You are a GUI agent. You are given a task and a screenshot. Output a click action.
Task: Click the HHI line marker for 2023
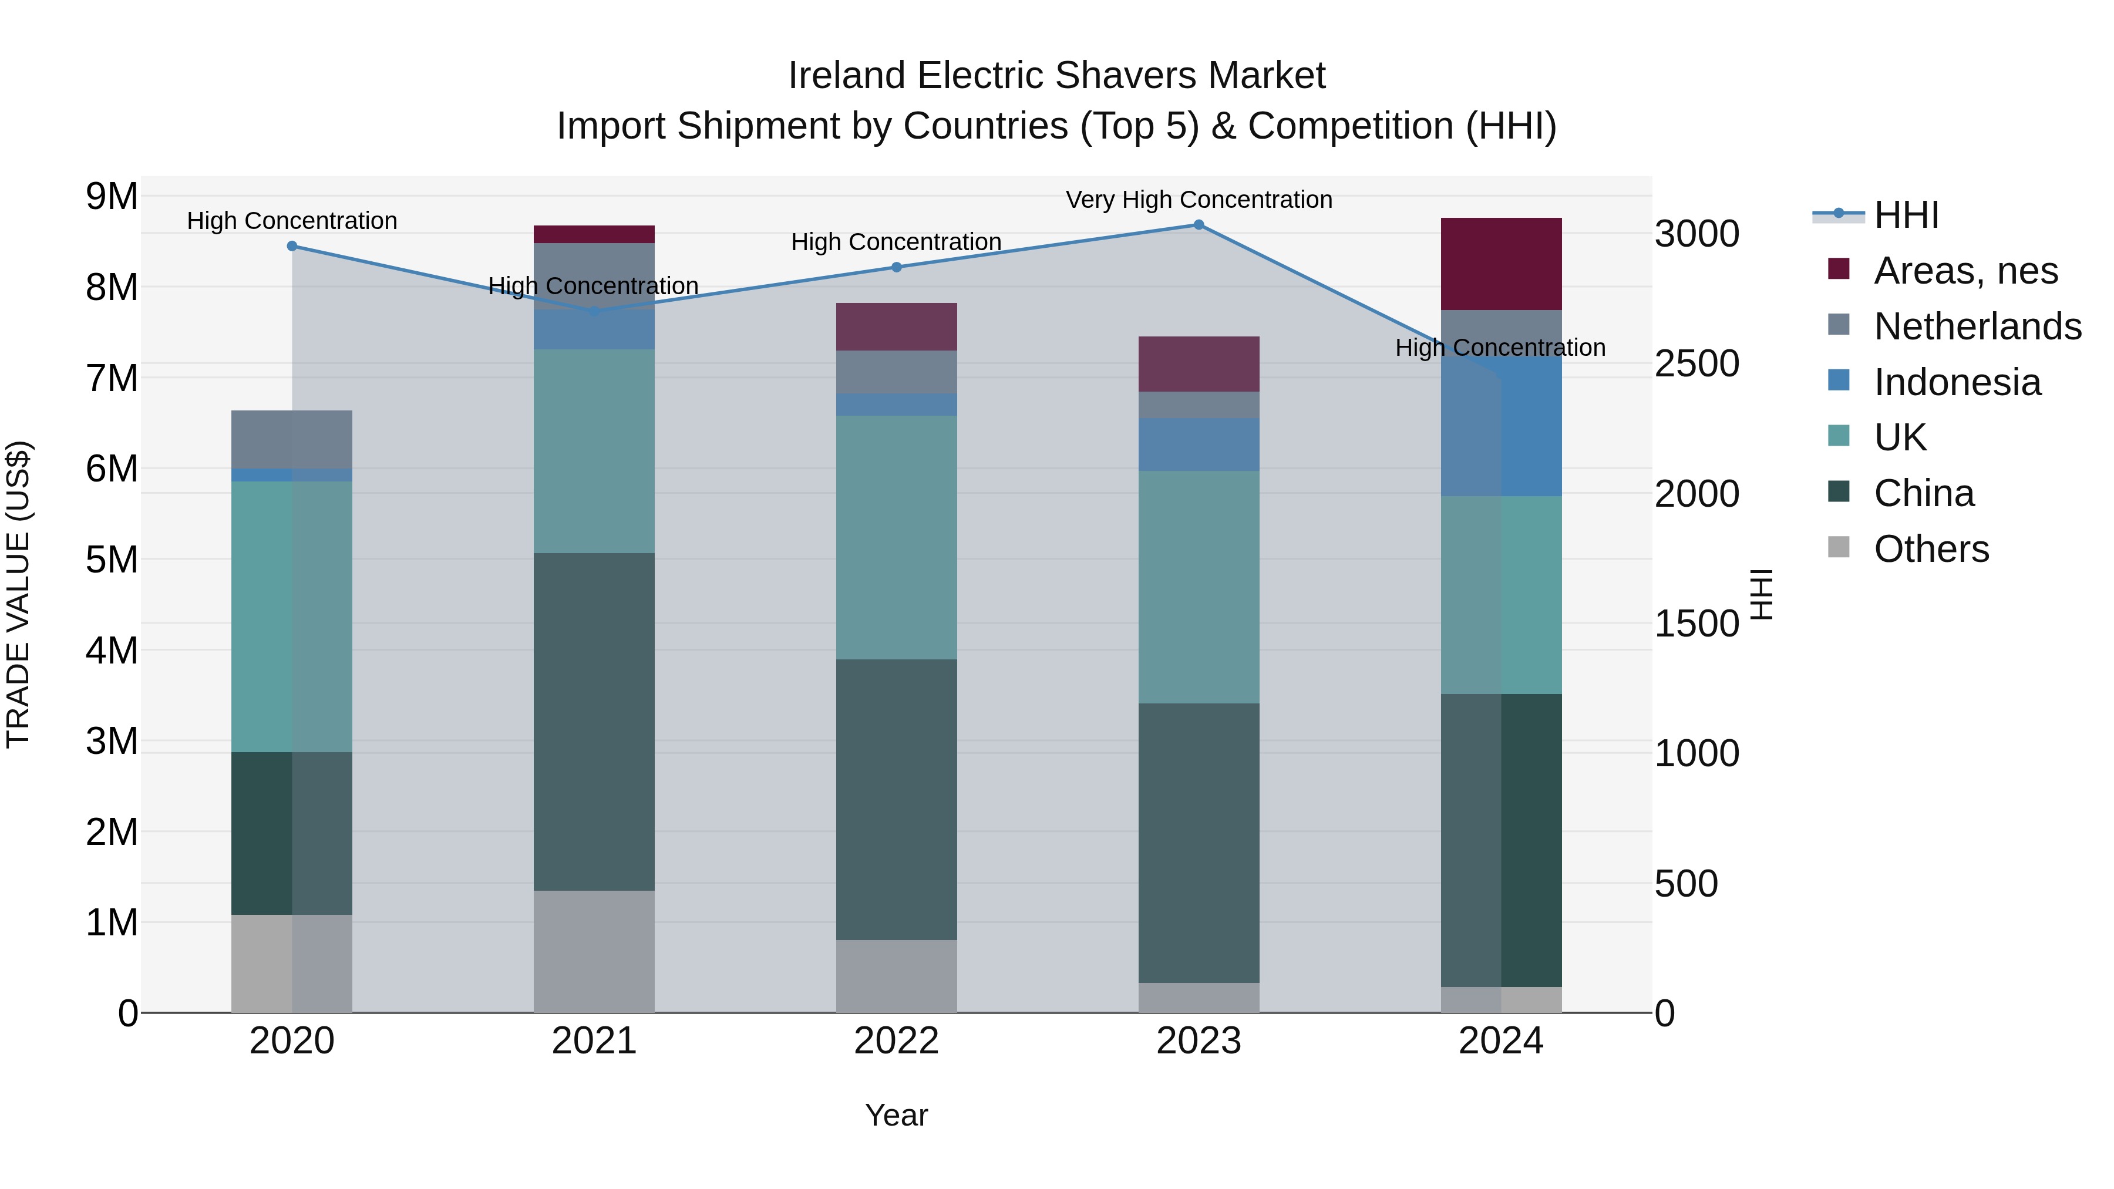1198,225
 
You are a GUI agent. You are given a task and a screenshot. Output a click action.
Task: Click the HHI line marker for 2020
292,246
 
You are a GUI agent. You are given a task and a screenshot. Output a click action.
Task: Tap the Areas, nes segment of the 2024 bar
1501,264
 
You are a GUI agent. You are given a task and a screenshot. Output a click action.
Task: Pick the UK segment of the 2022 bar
896,537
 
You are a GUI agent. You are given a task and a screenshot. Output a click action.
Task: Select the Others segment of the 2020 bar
292,964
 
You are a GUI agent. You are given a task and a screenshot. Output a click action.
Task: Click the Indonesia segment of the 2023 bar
1198,444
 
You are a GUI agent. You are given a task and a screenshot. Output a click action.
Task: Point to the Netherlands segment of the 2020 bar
292,439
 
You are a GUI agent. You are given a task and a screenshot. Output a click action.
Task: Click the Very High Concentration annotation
1198,200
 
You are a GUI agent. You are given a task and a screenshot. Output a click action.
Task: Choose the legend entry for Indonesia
1957,382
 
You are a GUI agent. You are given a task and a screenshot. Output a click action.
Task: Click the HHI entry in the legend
1906,215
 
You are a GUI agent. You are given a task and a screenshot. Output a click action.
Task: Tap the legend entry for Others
1931,549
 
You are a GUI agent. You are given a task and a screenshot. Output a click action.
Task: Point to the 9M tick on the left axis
112,196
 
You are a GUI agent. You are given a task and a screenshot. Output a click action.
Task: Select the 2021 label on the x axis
594,1041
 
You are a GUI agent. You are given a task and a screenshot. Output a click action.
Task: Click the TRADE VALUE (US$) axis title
19,594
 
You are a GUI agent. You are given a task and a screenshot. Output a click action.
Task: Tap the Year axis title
896,1115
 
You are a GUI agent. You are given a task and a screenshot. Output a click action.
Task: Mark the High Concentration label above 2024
1500,348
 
